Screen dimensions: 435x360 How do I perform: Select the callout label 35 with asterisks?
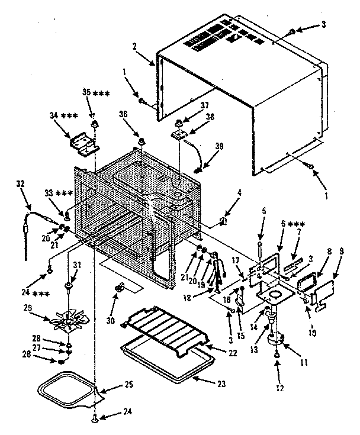click(x=94, y=93)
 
